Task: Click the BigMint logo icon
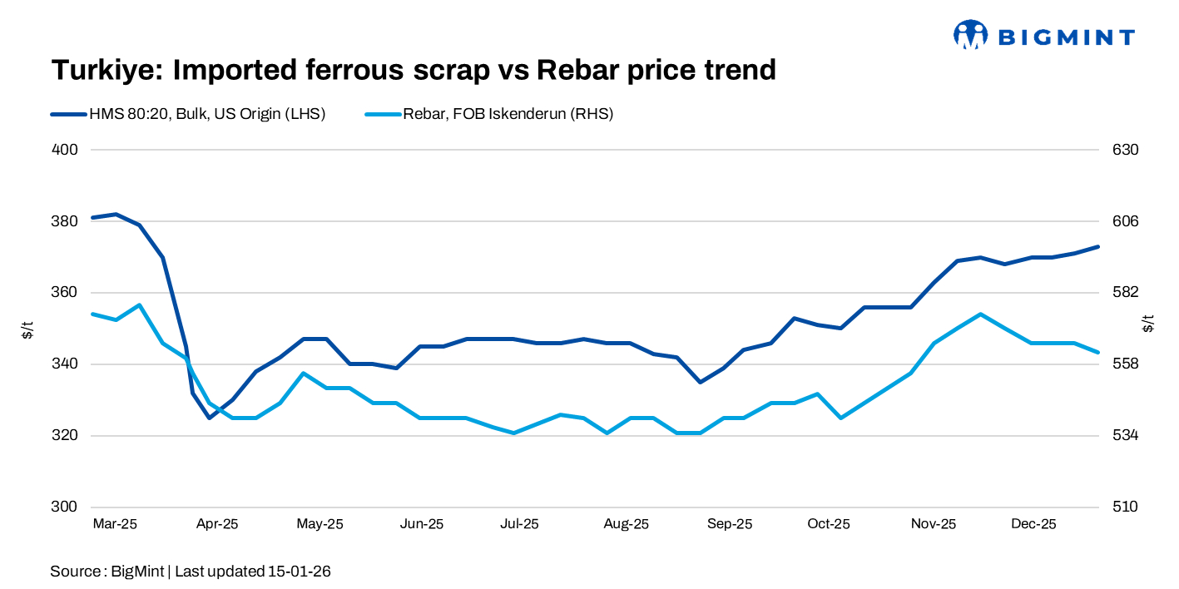(970, 35)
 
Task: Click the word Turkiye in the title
(105, 70)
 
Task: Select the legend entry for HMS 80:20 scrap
(187, 115)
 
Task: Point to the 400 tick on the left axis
(66, 150)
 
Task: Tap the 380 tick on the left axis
(66, 221)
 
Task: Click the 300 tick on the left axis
(66, 507)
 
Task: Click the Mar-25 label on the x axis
(115, 524)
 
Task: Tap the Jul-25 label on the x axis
(519, 524)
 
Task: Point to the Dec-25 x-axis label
(1033, 524)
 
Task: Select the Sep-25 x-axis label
(730, 524)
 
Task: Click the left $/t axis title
(27, 329)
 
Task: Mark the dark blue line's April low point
(209, 418)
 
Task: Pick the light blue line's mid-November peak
(981, 314)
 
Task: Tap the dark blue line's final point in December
(1098, 246)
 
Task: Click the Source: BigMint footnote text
(191, 572)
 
